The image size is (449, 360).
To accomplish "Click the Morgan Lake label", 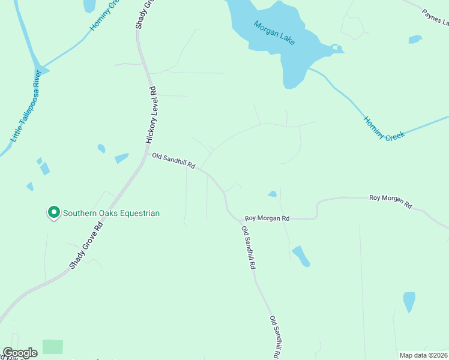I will click(x=274, y=31).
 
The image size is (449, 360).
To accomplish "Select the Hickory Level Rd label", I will click(x=151, y=114).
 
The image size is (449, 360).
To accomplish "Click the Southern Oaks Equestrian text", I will click(x=112, y=213).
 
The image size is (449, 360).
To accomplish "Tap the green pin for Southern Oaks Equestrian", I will click(x=53, y=212).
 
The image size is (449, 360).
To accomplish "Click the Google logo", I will click(x=20, y=353).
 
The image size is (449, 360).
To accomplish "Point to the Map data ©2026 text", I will click(x=423, y=355).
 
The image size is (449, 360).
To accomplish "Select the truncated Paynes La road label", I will click(x=435, y=18).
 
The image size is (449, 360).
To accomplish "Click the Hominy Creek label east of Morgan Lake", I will click(x=384, y=128).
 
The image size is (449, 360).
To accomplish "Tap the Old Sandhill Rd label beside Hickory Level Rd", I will click(x=173, y=160).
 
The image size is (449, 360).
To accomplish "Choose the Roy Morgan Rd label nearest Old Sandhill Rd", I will click(x=267, y=218).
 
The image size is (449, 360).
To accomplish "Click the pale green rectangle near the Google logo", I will click(x=52, y=347).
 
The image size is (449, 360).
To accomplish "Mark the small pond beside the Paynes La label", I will click(x=415, y=40).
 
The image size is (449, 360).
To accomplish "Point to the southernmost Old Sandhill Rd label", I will click(x=275, y=337).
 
